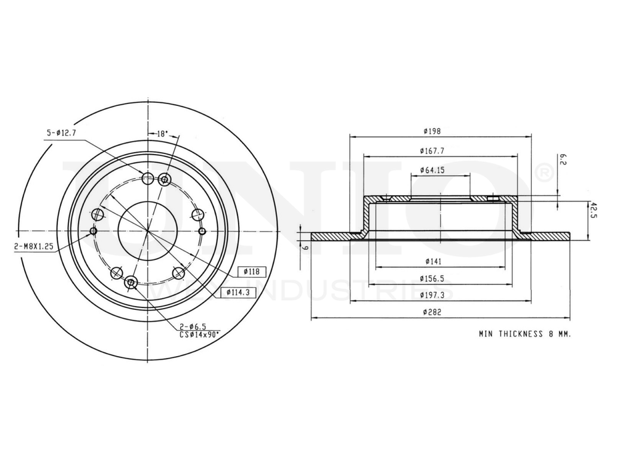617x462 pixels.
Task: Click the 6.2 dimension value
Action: click(563, 160)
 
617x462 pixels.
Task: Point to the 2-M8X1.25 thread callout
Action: click(33, 246)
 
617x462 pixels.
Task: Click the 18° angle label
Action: click(162, 133)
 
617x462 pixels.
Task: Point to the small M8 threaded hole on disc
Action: click(94, 232)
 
